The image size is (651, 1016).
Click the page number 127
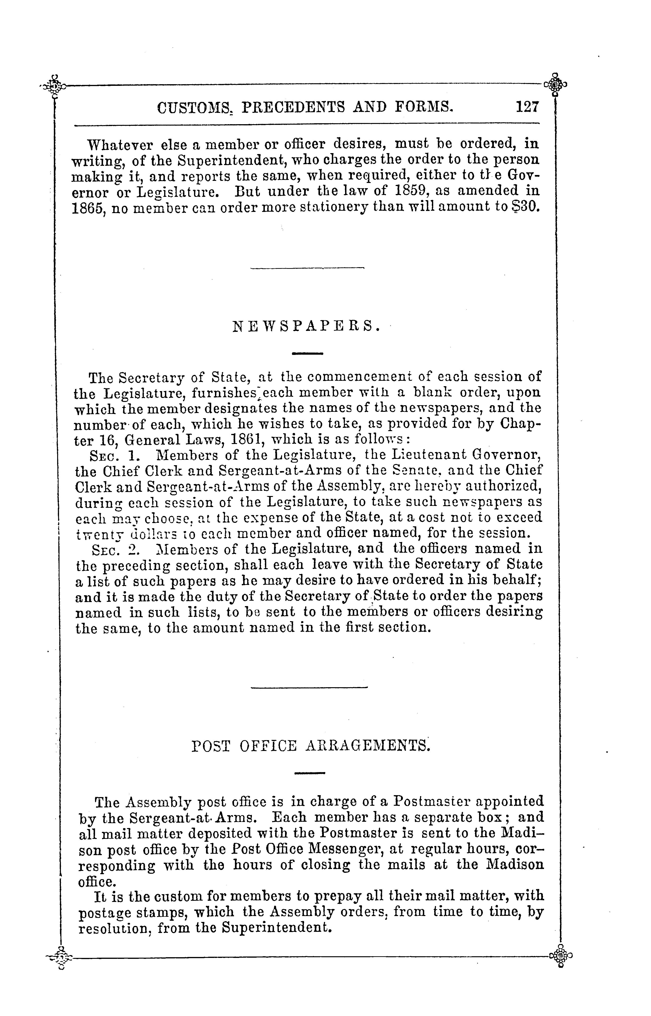click(x=527, y=107)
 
